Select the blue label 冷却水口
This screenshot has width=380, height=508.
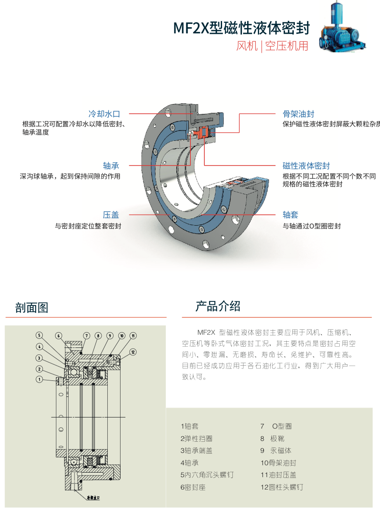104,114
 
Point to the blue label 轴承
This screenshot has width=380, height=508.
111,166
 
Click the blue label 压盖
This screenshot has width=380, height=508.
111,215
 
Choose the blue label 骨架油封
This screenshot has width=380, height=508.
299,114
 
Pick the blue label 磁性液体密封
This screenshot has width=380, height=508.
306,166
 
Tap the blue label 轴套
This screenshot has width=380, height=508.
290,215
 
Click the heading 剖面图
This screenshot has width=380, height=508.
32,308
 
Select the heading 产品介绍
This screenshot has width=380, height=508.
218,306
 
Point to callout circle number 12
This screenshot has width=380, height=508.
132,352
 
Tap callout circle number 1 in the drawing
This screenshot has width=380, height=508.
39,379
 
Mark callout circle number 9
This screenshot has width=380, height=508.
110,336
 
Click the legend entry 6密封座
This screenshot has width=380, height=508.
193,487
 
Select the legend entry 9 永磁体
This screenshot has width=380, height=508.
276,451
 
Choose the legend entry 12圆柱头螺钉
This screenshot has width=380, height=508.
282,487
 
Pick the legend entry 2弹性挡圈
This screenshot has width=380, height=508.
196,439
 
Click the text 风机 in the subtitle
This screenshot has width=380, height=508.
247,46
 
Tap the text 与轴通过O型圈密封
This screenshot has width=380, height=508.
311,226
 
